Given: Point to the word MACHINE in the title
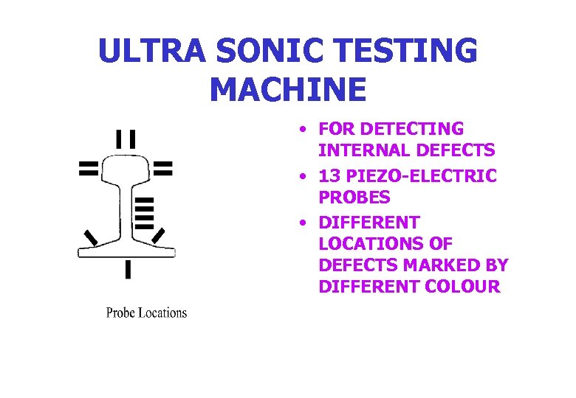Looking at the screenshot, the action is (x=288, y=89).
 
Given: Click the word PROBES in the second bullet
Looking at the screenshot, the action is (x=354, y=198).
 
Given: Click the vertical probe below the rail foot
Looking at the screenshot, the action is (x=128, y=270).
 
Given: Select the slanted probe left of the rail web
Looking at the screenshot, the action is (x=91, y=237).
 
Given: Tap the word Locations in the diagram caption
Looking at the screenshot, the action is (x=164, y=313).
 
